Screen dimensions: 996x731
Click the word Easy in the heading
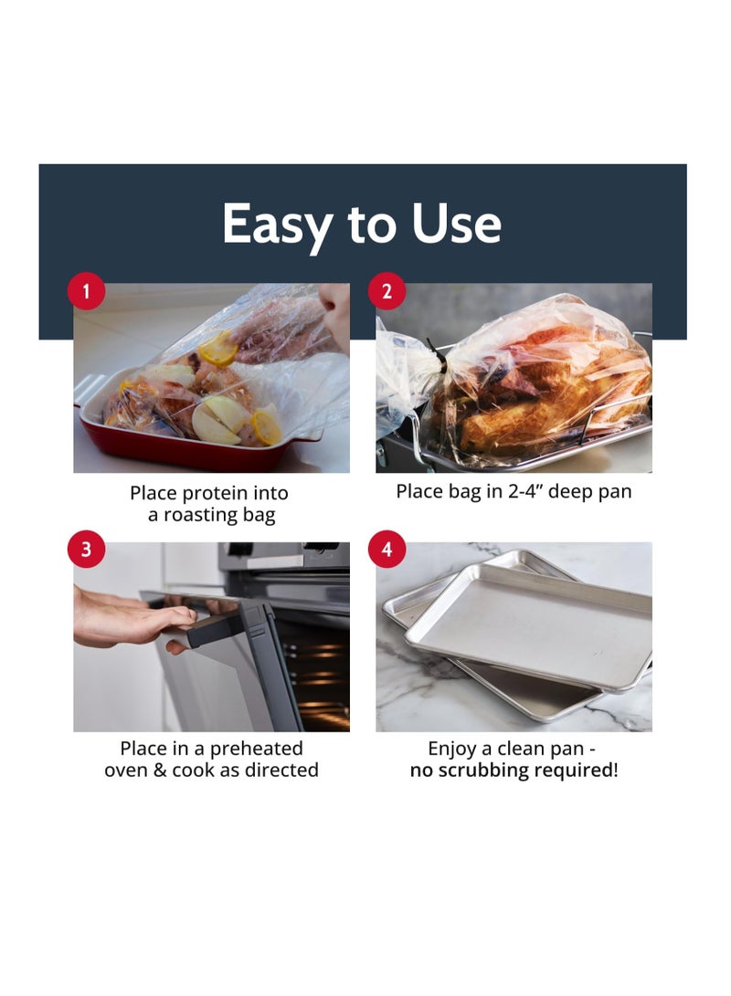[x=276, y=225]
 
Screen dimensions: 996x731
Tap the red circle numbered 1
[x=87, y=292]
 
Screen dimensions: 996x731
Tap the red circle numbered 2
[x=387, y=292]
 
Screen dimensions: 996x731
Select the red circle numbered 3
[x=87, y=550]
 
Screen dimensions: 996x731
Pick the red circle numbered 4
[x=387, y=550]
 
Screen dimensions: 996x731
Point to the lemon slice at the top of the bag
[x=218, y=348]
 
